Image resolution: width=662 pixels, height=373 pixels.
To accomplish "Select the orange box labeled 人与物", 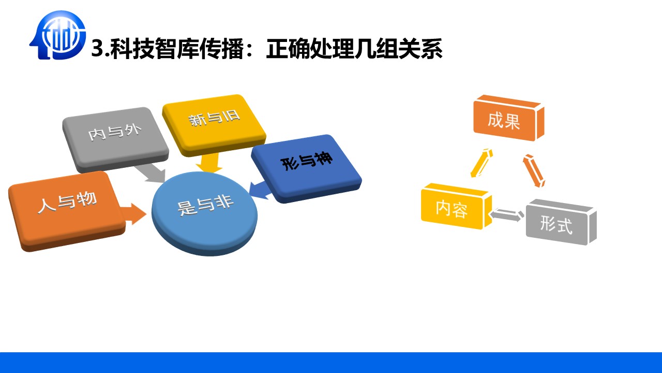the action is coord(67,211).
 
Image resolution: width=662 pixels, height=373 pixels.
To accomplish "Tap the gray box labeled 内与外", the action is coord(115,139).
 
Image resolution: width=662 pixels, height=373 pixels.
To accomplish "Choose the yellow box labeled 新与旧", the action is coord(214,125).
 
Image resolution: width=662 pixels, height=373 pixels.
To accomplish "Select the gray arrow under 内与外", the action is coord(150,174).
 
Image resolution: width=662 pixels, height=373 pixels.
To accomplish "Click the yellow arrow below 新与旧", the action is coord(209,163).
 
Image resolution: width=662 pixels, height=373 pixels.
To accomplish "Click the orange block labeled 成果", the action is coord(508,118).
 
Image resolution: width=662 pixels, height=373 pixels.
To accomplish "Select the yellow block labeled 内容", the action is coord(456,206).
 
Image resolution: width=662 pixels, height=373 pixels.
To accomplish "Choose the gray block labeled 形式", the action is coord(561,222).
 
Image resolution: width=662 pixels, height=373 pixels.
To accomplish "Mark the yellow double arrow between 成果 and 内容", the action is coord(482,163).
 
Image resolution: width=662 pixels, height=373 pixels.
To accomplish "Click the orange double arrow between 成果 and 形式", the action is coord(534,171).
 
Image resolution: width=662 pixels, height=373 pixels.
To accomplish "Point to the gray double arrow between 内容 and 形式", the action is coord(506,215).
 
